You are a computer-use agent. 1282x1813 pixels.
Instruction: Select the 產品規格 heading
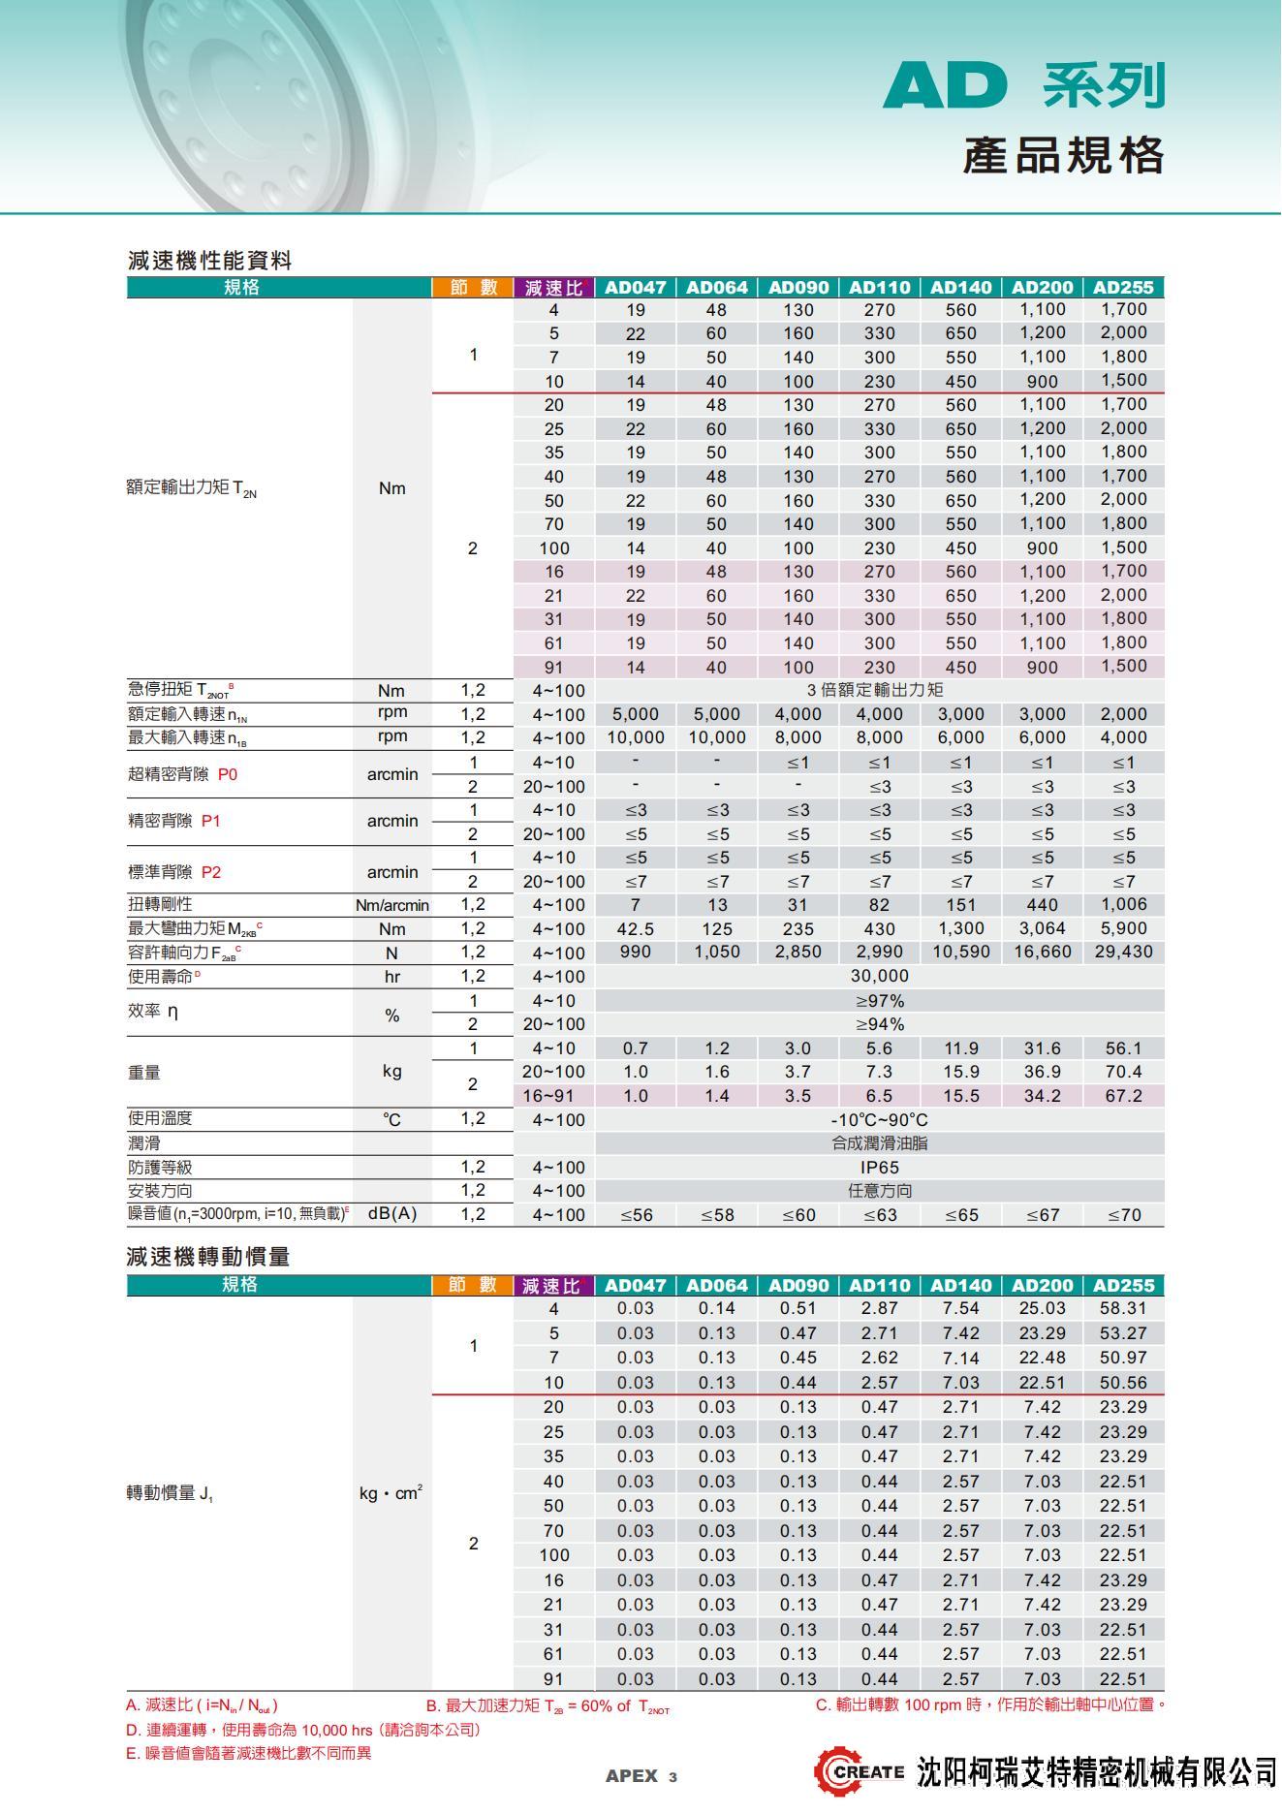(x=1063, y=155)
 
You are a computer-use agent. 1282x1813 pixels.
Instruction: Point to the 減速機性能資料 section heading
(x=209, y=260)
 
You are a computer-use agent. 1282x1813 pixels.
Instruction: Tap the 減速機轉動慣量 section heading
(x=208, y=1257)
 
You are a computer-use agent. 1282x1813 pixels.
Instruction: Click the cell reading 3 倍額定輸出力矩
(x=879, y=690)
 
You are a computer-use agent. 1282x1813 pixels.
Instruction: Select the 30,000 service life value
(x=879, y=976)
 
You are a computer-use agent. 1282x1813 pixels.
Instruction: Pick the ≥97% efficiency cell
(x=879, y=1000)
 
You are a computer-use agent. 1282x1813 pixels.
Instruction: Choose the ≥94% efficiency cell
(x=879, y=1024)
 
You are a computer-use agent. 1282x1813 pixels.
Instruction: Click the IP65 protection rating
(x=879, y=1167)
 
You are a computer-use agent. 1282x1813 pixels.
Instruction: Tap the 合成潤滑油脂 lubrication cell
(x=879, y=1142)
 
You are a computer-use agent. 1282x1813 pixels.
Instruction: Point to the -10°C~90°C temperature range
(x=879, y=1119)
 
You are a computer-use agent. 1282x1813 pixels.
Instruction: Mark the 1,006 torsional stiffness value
(x=1123, y=904)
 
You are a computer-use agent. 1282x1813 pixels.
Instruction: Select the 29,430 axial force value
(x=1123, y=952)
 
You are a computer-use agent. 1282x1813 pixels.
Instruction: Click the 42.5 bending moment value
(x=635, y=928)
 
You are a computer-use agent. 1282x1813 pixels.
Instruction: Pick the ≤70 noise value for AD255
(x=1123, y=1214)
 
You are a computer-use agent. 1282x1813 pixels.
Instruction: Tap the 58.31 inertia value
(x=1123, y=1308)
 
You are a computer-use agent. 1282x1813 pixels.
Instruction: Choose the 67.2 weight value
(x=1123, y=1096)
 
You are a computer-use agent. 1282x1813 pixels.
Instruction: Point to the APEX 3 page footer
(x=641, y=1776)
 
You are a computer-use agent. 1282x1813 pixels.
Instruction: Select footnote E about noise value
(x=248, y=1753)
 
